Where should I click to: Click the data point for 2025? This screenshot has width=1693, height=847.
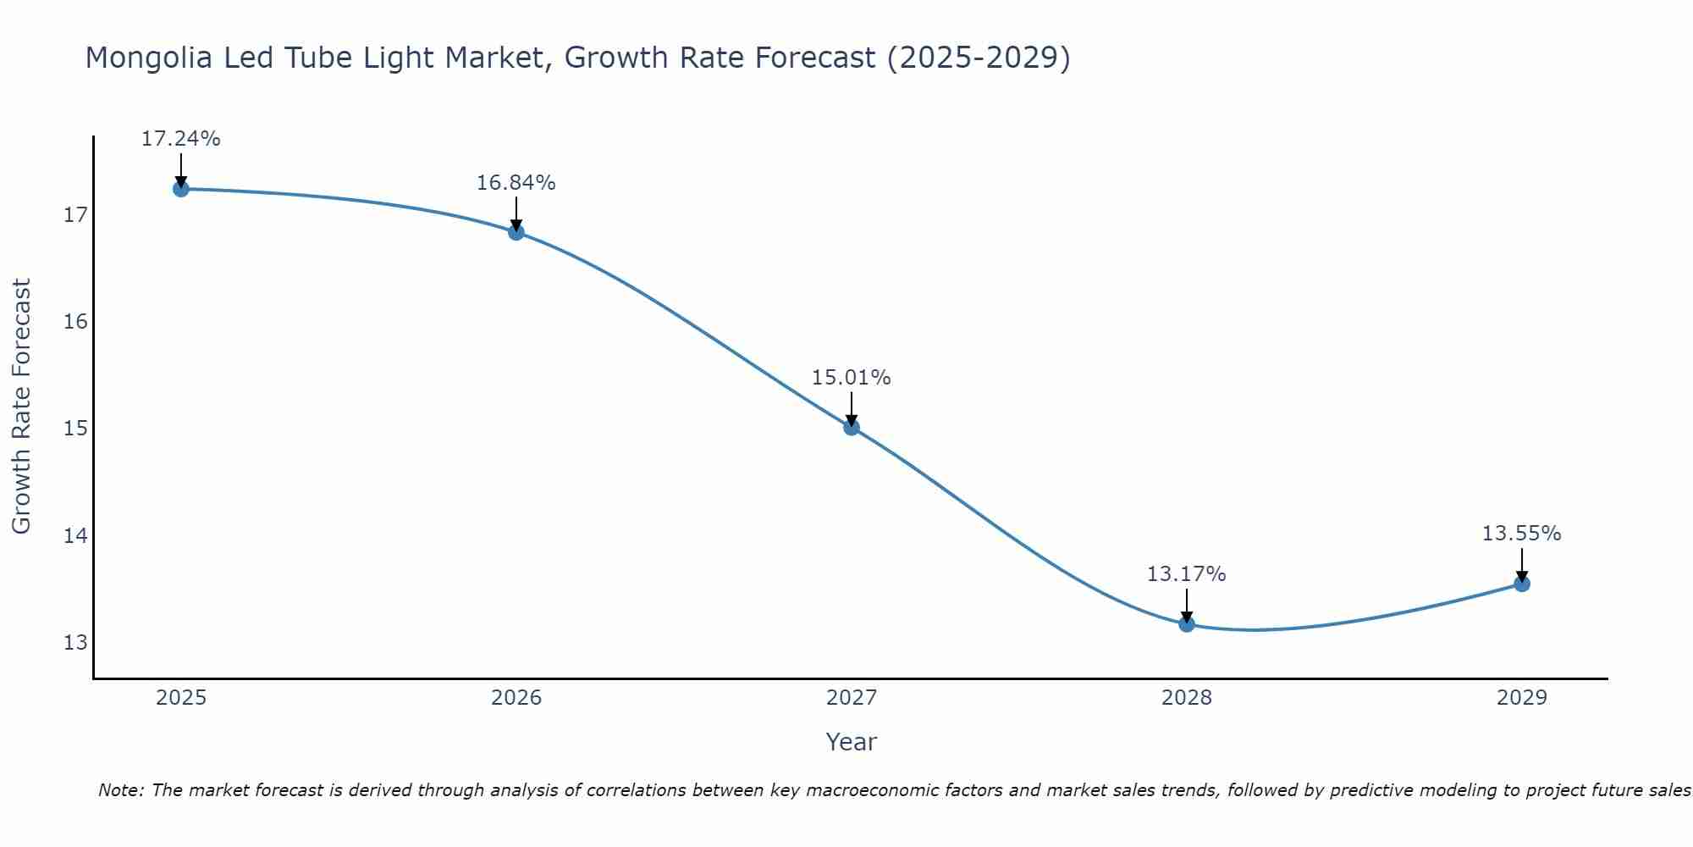pyautogui.click(x=180, y=189)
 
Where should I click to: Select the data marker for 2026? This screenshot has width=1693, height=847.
pyautogui.click(x=516, y=232)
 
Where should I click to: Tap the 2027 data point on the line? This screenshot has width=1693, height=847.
pyautogui.click(x=852, y=427)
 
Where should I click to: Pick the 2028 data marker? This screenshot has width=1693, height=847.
pyautogui.click(x=1187, y=624)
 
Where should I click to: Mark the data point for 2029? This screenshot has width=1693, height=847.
pyautogui.click(x=1521, y=584)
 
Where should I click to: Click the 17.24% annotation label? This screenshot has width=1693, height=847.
pyautogui.click(x=180, y=139)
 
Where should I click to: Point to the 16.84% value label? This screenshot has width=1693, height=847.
pyautogui.click(x=516, y=183)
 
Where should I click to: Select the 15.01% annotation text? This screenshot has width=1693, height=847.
pyautogui.click(x=851, y=378)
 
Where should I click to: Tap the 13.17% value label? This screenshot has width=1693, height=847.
pyautogui.click(x=1186, y=574)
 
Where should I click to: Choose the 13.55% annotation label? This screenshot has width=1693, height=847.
pyautogui.click(x=1521, y=534)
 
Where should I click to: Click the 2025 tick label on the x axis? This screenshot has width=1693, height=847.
pyautogui.click(x=181, y=698)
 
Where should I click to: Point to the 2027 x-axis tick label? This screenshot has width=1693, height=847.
pyautogui.click(x=852, y=698)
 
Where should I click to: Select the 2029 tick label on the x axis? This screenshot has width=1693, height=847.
pyautogui.click(x=1521, y=698)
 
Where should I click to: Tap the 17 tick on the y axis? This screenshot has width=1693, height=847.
pyautogui.click(x=75, y=215)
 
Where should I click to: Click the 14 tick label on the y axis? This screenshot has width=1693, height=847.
pyautogui.click(x=75, y=535)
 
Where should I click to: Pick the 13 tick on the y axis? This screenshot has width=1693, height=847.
pyautogui.click(x=75, y=642)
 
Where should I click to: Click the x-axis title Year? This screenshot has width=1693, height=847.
pyautogui.click(x=851, y=742)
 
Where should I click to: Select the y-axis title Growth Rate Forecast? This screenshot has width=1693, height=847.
pyautogui.click(x=21, y=407)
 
